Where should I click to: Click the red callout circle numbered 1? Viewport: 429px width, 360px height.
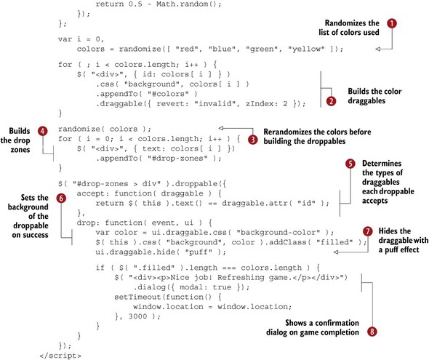392,23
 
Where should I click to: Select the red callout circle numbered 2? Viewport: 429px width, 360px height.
331,101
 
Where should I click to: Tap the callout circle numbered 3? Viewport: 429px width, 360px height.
253,140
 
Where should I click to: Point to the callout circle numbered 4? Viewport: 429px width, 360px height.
43,131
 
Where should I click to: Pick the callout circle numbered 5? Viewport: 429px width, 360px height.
350,164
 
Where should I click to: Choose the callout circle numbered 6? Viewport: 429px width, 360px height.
61,198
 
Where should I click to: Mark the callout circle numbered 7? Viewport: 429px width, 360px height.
368,231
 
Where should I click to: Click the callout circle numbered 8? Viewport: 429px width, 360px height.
372,332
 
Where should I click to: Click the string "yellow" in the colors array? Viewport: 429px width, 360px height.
306,49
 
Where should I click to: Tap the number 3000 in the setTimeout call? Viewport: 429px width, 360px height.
138,316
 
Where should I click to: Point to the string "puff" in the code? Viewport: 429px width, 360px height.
199,252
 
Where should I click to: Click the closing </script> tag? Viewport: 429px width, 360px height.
60,356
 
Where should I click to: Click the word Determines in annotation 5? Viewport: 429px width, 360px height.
382,164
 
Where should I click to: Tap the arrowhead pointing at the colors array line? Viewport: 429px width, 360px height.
378,49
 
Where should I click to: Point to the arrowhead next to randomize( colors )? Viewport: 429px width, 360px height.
221,128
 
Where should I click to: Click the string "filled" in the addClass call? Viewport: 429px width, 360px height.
334,242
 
